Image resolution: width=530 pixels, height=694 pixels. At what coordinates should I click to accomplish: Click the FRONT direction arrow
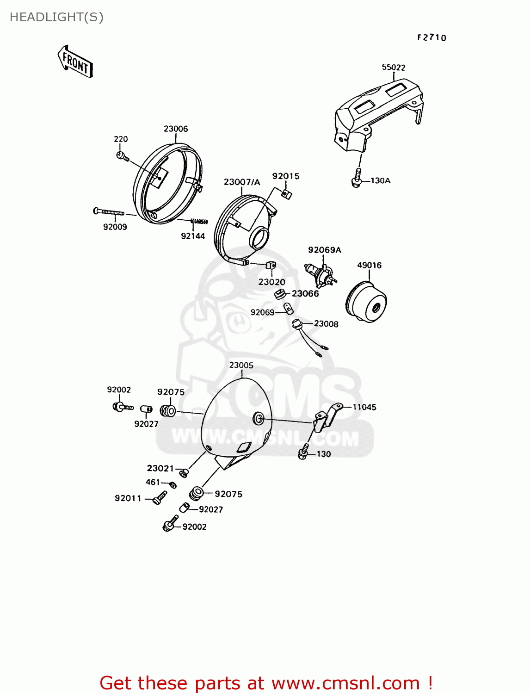(75, 61)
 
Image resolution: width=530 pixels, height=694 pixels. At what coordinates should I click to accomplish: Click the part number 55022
(393, 68)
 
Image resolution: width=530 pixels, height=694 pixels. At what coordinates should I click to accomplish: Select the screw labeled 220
(121, 156)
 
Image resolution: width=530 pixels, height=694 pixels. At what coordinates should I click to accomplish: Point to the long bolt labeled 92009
(109, 212)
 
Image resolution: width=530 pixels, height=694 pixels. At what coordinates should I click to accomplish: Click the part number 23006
(176, 129)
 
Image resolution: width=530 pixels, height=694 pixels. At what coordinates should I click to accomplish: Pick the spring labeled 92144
(199, 222)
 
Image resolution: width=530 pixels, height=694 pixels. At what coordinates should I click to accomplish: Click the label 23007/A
(241, 182)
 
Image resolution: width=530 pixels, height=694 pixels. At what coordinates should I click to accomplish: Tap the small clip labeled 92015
(287, 194)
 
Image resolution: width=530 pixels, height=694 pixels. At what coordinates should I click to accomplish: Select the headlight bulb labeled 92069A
(319, 274)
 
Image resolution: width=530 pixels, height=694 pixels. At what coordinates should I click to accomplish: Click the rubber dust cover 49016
(366, 302)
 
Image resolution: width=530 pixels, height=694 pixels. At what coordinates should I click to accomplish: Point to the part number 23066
(305, 294)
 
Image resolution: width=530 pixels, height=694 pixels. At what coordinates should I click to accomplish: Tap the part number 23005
(241, 366)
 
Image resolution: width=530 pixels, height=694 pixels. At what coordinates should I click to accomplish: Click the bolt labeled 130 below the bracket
(304, 452)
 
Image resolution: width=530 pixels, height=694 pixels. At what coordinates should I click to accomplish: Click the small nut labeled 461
(173, 484)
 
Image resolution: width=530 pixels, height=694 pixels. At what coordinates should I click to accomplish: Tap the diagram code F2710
(431, 38)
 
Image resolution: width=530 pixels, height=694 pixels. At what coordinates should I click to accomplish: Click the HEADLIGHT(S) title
(56, 17)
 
